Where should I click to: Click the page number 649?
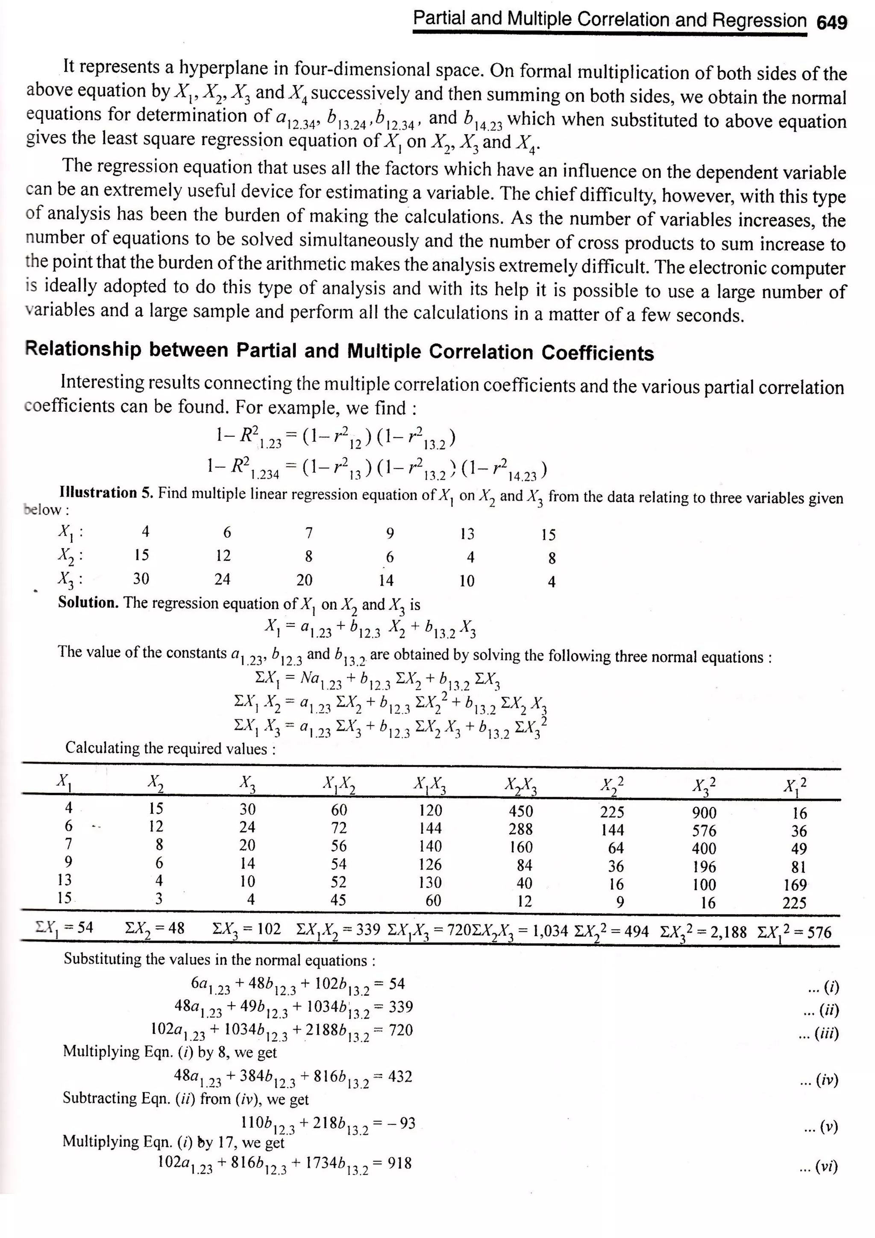pyautogui.click(x=832, y=23)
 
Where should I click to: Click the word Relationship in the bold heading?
pyautogui.click(x=82, y=350)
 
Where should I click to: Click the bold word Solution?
pyautogui.click(x=88, y=602)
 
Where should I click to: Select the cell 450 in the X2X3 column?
pyautogui.click(x=520, y=811)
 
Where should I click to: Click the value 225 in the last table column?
pyautogui.click(x=794, y=903)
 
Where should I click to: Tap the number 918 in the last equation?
pyautogui.click(x=399, y=1163)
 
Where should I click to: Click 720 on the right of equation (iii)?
pyautogui.click(x=401, y=1030)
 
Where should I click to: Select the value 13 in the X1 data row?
pyautogui.click(x=467, y=534)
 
